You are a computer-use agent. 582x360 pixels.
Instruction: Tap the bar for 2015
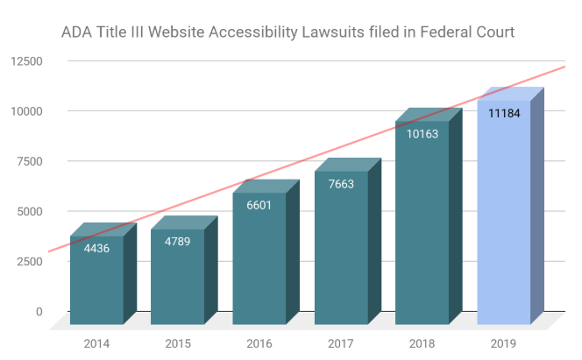click(x=177, y=280)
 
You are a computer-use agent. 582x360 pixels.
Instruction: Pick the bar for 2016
click(x=259, y=263)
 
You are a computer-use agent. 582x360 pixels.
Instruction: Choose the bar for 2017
click(x=341, y=254)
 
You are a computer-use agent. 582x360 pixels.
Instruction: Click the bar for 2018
click(x=422, y=228)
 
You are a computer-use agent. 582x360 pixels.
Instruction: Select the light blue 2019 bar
click(x=503, y=219)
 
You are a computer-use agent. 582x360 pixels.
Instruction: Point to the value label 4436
click(x=96, y=248)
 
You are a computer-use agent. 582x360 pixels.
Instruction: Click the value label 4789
click(x=177, y=241)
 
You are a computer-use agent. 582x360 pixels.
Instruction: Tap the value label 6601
click(x=259, y=204)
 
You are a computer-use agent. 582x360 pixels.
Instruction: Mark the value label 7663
click(x=341, y=183)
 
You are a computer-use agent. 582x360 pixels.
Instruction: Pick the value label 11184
click(x=503, y=113)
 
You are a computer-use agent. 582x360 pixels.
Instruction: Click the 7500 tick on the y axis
click(x=28, y=161)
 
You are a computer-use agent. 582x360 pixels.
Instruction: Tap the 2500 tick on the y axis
click(x=28, y=261)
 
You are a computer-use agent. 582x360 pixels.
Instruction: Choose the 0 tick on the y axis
click(x=39, y=311)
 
